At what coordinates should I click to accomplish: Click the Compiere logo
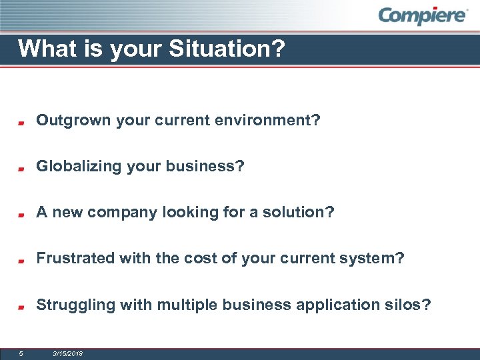pos(423,16)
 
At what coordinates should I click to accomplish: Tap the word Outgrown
pos(73,121)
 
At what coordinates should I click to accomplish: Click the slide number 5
pos(21,353)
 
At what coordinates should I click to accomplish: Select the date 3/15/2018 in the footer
pos(67,353)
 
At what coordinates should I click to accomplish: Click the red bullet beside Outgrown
pos(21,123)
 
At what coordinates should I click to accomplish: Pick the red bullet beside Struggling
pos(21,307)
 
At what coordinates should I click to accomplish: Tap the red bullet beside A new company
pos(21,215)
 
